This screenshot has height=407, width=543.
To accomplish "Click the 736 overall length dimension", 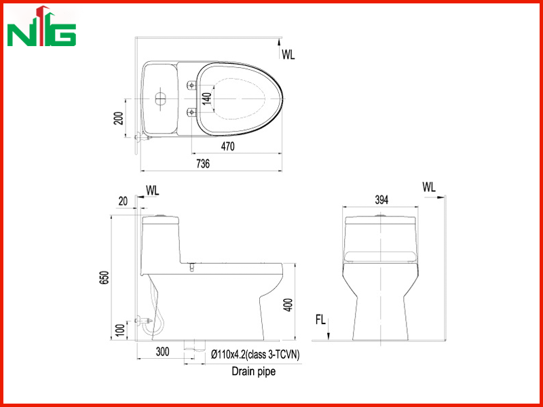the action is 203,163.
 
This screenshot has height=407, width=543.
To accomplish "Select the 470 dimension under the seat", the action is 227,147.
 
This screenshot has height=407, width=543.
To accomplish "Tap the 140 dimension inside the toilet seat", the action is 207,98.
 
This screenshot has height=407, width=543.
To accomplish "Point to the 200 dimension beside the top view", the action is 118,118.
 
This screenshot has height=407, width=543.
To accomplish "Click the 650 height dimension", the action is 105,277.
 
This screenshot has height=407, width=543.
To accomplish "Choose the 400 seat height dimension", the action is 288,305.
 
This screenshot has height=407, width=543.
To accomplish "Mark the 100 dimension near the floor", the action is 120,330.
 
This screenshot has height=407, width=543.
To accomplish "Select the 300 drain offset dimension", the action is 162,351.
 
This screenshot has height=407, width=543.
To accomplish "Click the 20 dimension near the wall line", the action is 123,201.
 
